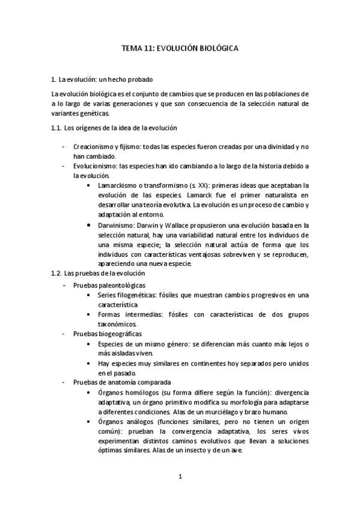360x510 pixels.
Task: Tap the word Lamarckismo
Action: click(118, 185)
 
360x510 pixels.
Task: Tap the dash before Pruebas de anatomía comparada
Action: click(64, 382)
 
